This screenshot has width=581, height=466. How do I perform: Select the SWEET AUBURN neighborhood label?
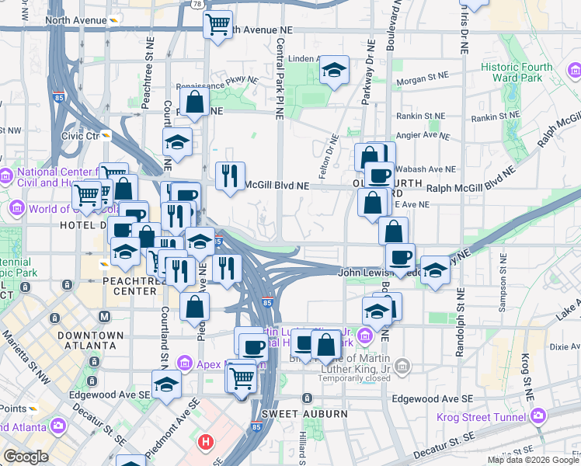[x=304, y=414]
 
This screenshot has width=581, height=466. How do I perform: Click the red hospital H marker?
[x=205, y=443]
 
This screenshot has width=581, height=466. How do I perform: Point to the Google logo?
[x=25, y=457]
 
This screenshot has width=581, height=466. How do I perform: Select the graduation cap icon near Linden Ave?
[x=334, y=72]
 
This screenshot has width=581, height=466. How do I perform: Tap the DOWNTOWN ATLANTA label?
[x=90, y=340]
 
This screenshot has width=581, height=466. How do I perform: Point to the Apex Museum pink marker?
[x=185, y=363]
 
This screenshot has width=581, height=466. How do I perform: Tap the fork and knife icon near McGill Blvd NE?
[x=228, y=176]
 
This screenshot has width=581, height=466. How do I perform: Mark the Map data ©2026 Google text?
[x=532, y=460]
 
